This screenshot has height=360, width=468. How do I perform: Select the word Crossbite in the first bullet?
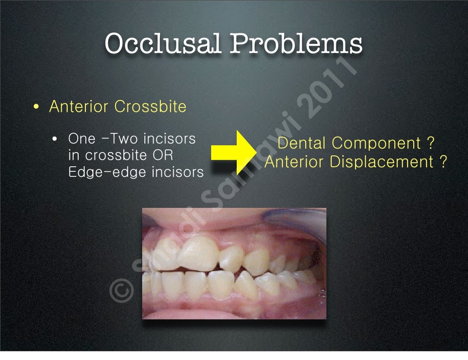pos(150,106)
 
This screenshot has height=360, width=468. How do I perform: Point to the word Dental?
pos(302,143)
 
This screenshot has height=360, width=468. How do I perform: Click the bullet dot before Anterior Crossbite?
pos(36,108)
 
